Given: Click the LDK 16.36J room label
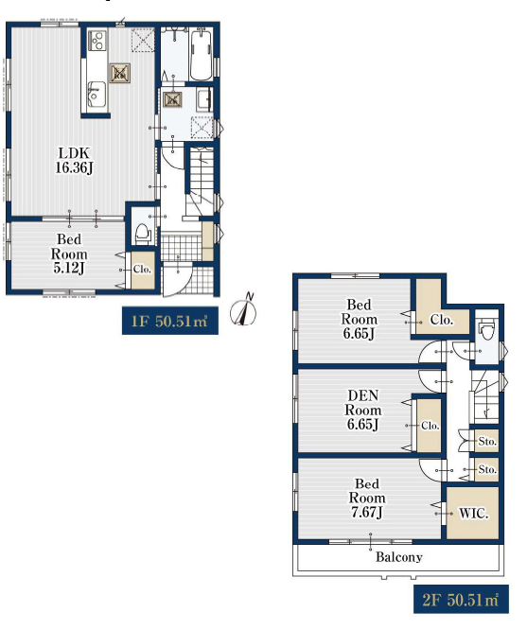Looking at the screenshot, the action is [x=75, y=160].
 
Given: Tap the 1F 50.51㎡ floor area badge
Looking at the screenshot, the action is [x=170, y=321].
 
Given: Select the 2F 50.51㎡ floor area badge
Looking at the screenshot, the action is [x=461, y=600].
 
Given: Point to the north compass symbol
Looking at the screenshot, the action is [x=243, y=309].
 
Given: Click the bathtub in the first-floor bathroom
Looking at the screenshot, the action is [x=201, y=54].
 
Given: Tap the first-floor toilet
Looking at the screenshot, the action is [x=143, y=233].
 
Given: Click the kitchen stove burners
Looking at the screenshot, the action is [x=97, y=41].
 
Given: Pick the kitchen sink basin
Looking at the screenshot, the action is [x=97, y=94].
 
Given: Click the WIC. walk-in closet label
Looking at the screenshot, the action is [x=473, y=513].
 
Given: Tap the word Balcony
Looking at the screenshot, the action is [x=398, y=557].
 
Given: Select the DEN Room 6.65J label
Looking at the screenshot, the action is [x=363, y=410].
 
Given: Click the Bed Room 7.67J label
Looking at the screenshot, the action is [x=366, y=498].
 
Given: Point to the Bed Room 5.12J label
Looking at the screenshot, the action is [x=69, y=254].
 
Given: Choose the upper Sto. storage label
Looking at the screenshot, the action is [x=487, y=441].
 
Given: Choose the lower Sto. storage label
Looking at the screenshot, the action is [x=487, y=469].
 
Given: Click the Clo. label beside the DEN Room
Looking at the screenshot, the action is [x=430, y=425].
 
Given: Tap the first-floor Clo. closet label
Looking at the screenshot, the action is [x=142, y=269].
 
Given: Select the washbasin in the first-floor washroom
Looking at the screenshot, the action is [x=204, y=98].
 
